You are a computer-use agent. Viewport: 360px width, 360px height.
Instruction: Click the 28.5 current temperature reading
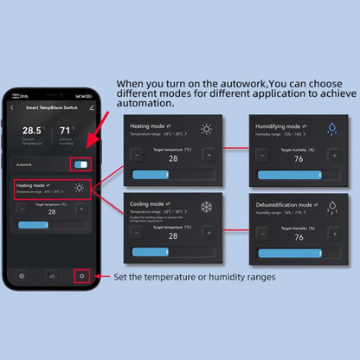(x=31, y=131)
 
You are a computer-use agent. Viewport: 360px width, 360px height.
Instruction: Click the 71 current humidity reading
(x=66, y=131)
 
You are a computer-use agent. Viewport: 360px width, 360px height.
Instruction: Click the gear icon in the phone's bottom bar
(x=82, y=276)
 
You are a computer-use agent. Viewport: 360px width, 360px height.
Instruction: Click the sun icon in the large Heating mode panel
(x=206, y=130)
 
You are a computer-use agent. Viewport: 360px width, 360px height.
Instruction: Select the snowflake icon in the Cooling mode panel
(x=206, y=207)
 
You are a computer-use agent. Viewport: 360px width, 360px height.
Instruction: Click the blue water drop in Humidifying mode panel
(x=331, y=130)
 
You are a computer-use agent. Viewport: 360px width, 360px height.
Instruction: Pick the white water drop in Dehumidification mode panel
(x=331, y=207)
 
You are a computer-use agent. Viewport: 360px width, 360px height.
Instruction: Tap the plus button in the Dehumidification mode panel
(x=334, y=234)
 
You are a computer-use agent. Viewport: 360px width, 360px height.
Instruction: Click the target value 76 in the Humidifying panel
(x=299, y=158)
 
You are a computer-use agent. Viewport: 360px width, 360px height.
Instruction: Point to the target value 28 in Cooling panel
(x=173, y=235)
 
